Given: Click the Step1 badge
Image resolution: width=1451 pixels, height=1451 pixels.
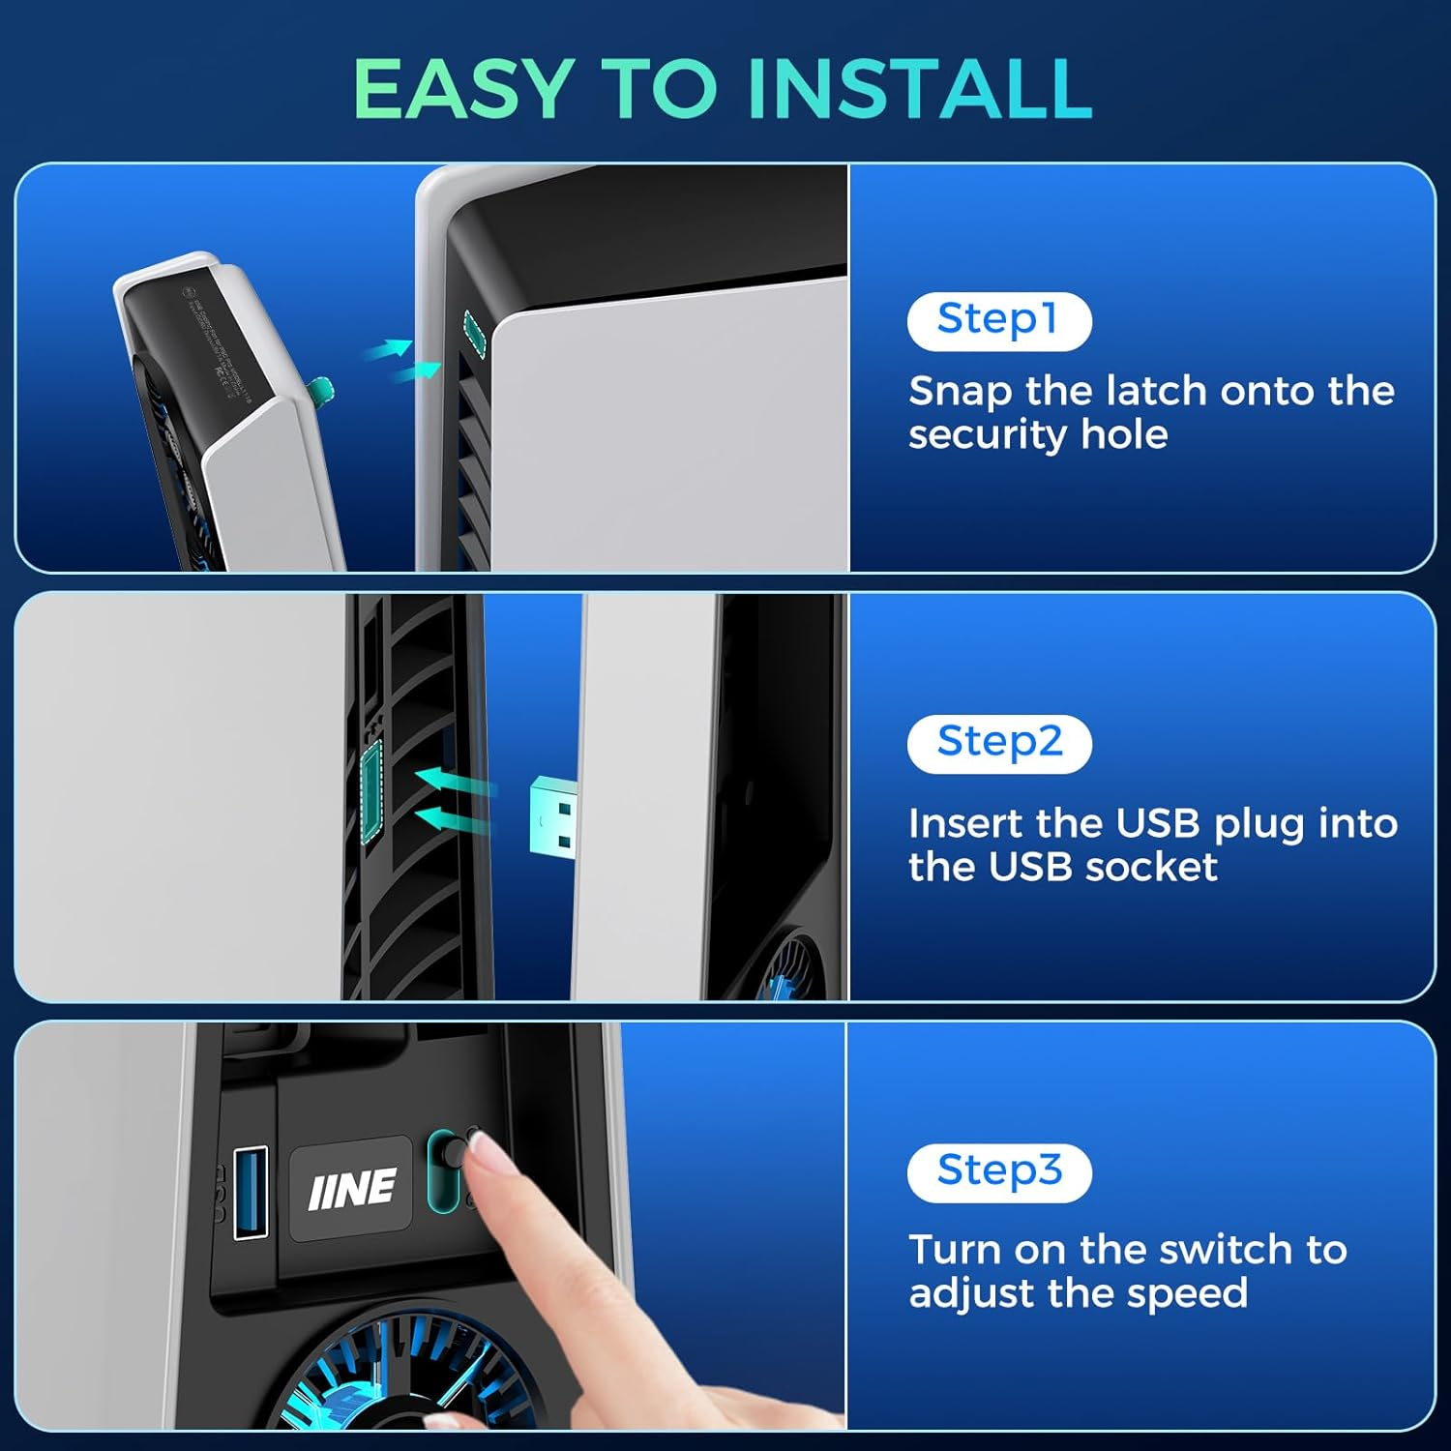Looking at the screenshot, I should (x=998, y=320).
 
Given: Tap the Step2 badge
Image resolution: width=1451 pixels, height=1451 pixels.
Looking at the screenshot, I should (x=999, y=743).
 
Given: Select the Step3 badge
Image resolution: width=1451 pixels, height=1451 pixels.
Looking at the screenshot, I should (x=999, y=1171).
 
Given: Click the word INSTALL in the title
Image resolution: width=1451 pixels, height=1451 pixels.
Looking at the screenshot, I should (x=919, y=89).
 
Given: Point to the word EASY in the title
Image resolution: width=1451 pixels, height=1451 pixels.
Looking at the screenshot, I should (x=461, y=89).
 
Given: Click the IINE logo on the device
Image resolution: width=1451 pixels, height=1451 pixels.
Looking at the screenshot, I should (x=351, y=1188).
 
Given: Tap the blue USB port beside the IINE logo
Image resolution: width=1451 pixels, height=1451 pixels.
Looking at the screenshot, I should (x=252, y=1191).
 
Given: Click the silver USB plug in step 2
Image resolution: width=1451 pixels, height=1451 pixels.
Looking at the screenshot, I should (x=554, y=815).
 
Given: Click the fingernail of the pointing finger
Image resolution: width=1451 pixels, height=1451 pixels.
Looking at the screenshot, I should (x=490, y=1154).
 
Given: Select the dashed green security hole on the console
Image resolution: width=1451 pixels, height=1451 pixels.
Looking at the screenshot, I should (x=474, y=334).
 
